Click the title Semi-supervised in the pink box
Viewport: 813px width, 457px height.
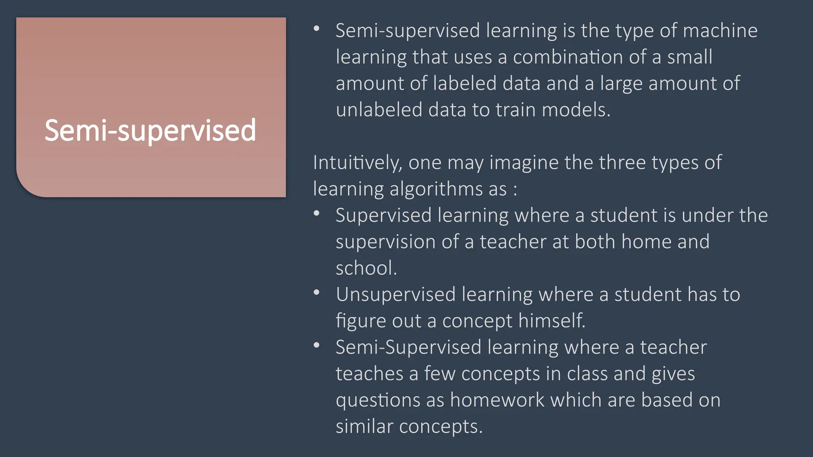[x=150, y=130]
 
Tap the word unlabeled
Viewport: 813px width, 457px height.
[x=379, y=110]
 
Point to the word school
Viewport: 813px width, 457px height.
[x=366, y=268]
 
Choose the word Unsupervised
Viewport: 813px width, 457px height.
[x=395, y=294]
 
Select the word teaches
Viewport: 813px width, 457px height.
[x=369, y=374]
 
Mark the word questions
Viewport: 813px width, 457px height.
[x=378, y=400]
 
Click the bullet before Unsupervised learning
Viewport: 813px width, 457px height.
[x=316, y=293]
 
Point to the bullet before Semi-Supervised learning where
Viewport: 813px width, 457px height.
[x=316, y=346]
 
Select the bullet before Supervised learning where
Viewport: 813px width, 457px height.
[x=316, y=213]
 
